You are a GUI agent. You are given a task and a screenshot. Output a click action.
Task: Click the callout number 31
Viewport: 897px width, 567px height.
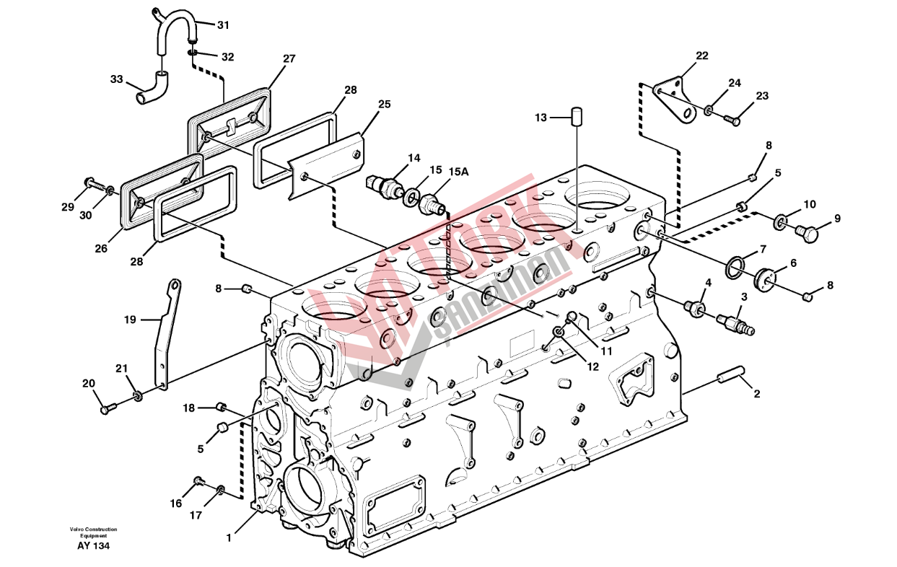pos(223,25)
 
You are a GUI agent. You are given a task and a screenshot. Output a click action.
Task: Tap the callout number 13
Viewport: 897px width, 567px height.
pos(541,118)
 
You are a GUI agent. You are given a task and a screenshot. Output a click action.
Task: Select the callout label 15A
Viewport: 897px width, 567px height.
pos(458,172)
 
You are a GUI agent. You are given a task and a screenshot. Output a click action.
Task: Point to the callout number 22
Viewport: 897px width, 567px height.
pos(702,56)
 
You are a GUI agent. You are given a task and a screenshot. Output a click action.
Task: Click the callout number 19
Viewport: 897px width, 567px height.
pos(130,320)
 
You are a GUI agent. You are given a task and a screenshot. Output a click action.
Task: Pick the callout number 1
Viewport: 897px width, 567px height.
pos(229,538)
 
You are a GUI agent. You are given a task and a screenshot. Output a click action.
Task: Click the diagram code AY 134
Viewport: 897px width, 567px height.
pos(93,546)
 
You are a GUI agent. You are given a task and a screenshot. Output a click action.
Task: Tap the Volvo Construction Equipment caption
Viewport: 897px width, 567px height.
pos(93,532)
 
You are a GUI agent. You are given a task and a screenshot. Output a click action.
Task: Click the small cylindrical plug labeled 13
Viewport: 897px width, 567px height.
pos(577,117)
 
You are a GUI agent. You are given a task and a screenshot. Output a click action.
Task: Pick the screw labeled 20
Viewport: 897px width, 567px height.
pos(108,409)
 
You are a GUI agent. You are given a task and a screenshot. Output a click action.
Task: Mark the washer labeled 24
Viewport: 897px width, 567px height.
pos(709,110)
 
